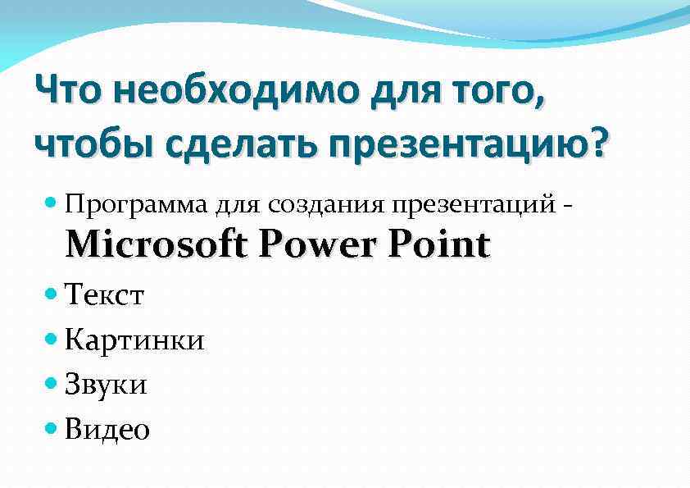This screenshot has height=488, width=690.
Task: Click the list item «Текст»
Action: pyautogui.click(x=105, y=294)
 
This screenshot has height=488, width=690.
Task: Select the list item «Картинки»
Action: pyautogui.click(x=134, y=339)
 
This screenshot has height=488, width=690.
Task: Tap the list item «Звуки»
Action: pyautogui.click(x=106, y=384)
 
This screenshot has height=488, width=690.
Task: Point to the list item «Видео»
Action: pyautogui.click(x=107, y=428)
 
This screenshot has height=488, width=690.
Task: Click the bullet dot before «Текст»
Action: pyautogui.click(x=53, y=292)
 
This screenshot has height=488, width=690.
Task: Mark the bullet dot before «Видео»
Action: pyautogui.click(x=53, y=426)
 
